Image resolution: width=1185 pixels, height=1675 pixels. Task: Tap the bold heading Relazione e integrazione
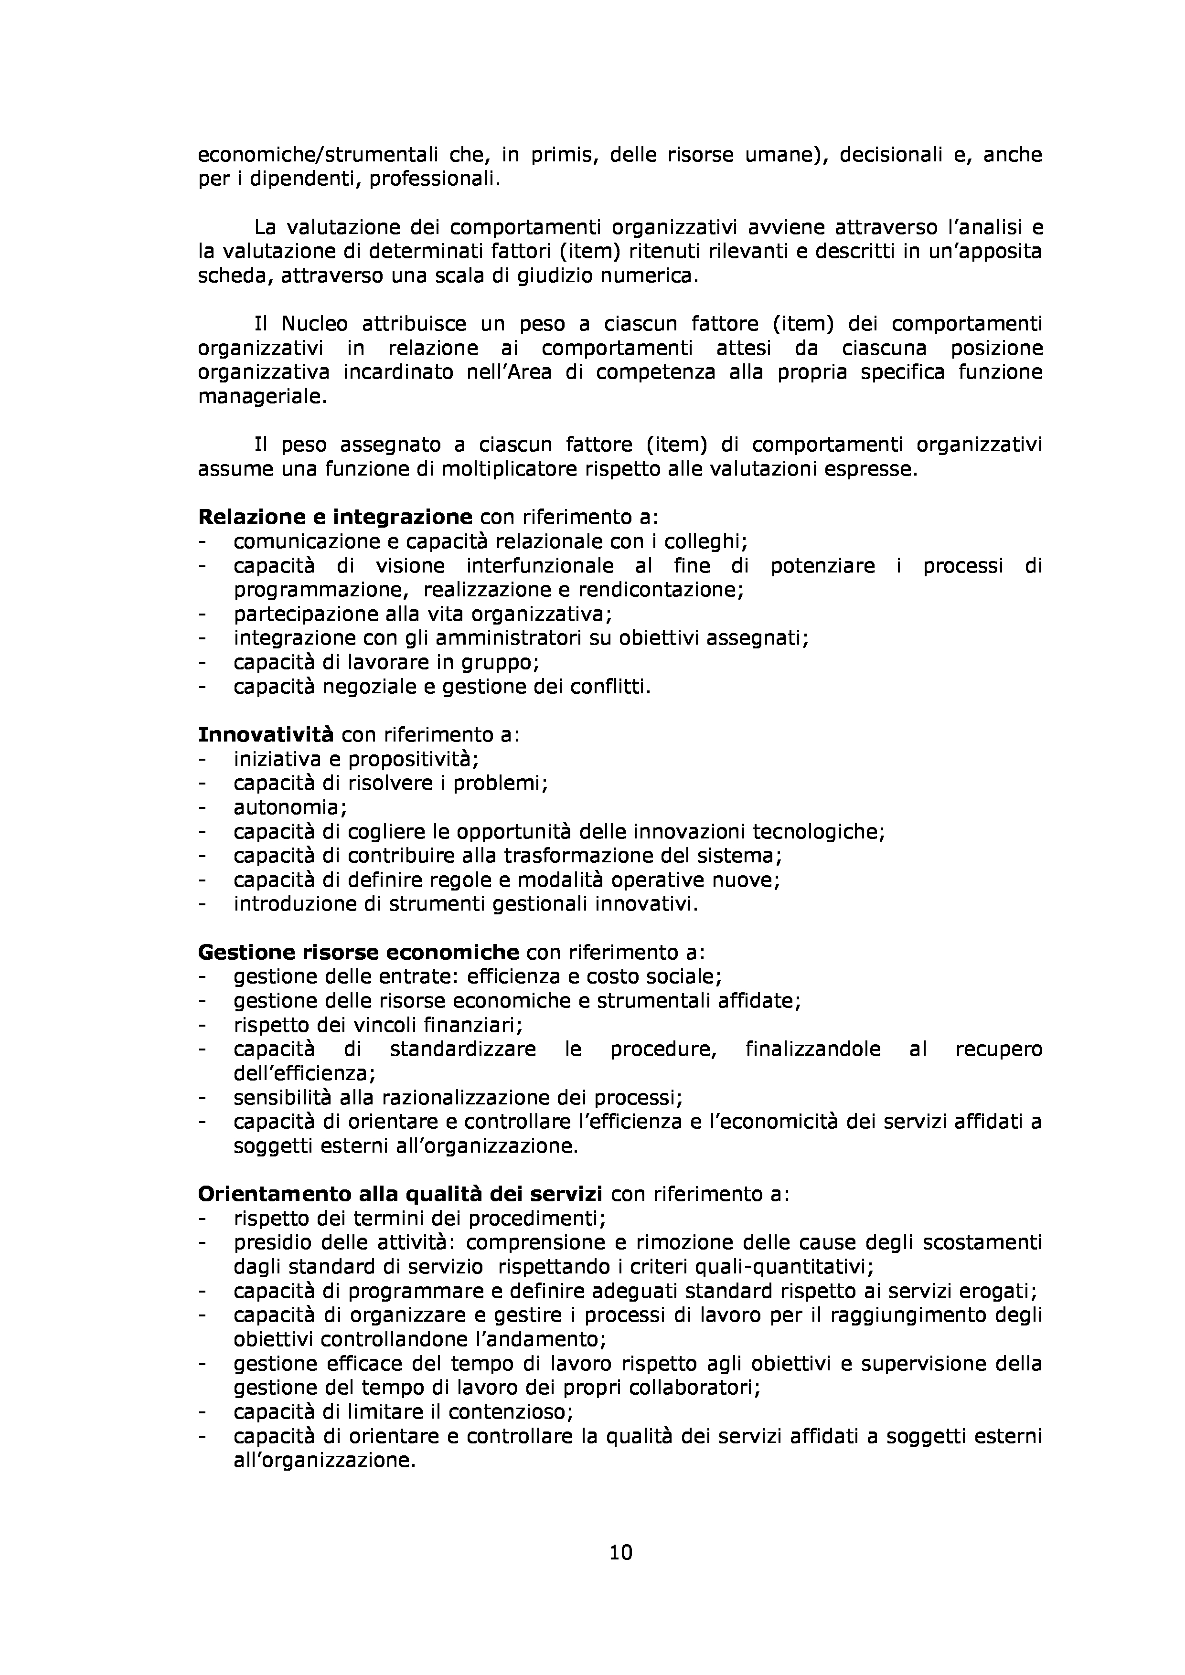coord(335,517)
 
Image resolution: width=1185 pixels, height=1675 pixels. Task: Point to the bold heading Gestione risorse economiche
coord(358,952)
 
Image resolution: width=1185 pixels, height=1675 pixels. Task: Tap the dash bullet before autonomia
coord(202,807)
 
